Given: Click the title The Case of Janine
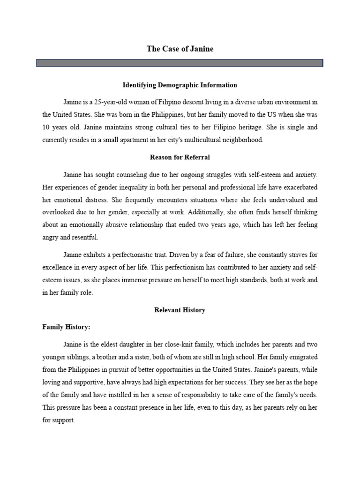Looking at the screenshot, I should (x=180, y=49).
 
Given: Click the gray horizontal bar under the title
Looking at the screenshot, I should (x=180, y=63).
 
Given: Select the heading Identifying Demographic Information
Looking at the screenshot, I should (x=180, y=85).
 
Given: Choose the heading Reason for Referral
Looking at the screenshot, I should (x=180, y=157).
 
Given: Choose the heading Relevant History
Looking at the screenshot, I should (x=180, y=310).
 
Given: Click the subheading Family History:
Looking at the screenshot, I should (x=66, y=327).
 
